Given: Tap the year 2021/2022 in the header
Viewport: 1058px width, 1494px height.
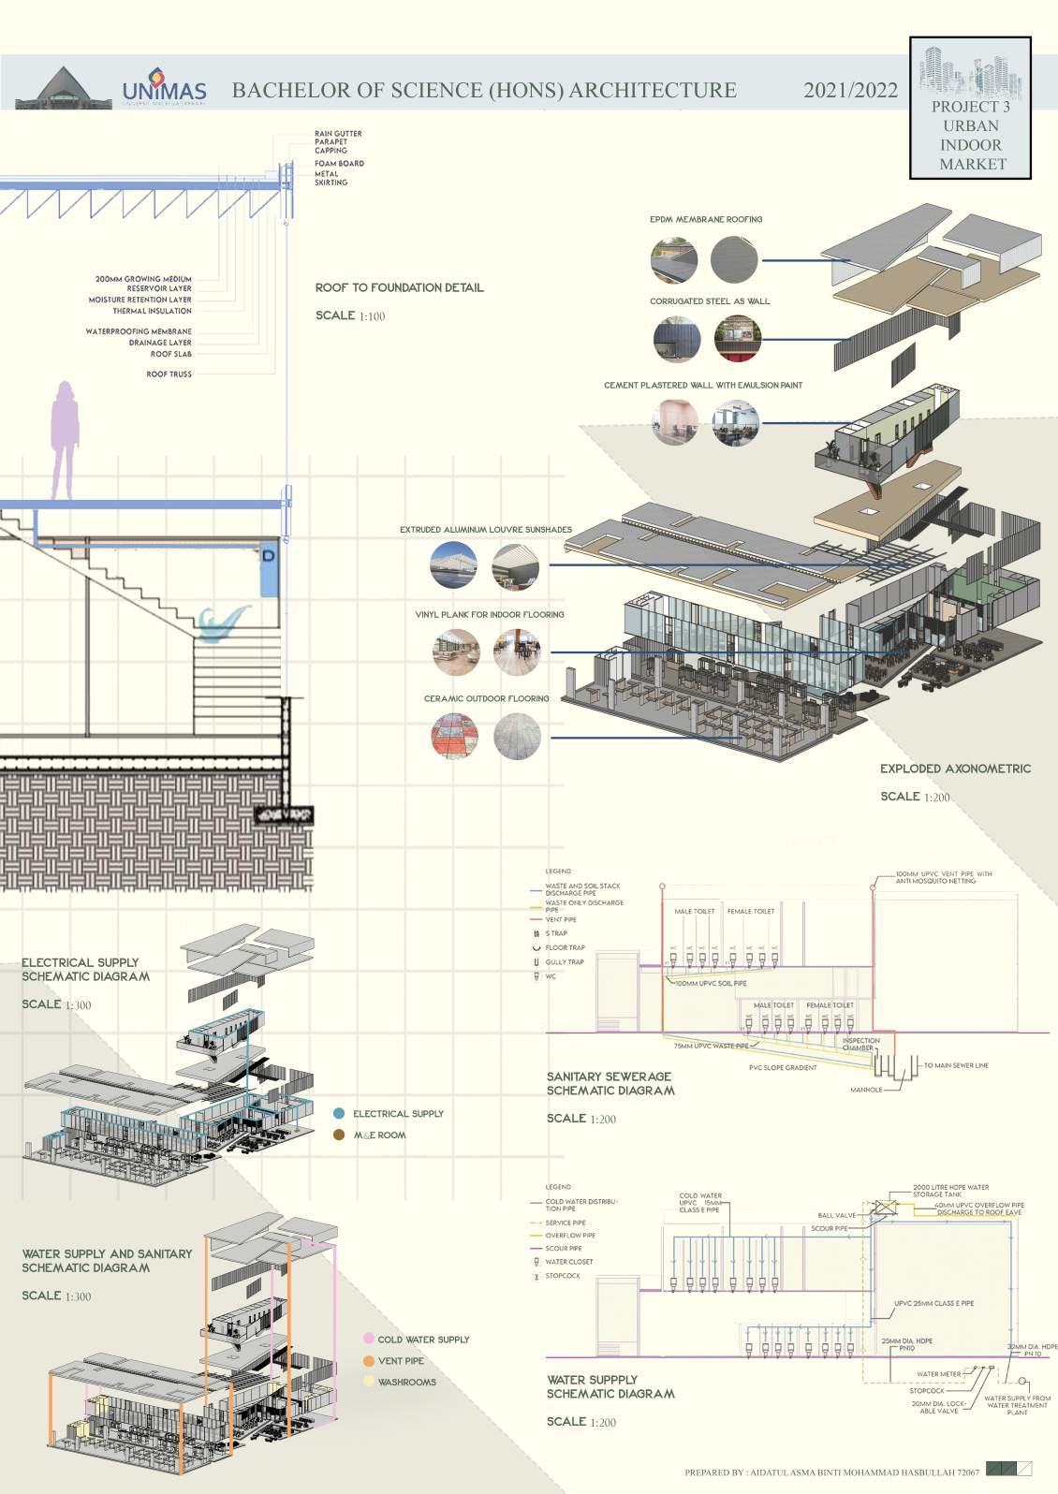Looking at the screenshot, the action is point(850,91).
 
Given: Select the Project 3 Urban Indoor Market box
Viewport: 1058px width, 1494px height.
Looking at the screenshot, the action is point(971,108).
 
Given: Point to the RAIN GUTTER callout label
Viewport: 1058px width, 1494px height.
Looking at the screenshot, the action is point(338,134).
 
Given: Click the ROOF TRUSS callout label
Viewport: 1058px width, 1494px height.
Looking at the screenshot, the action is point(169,374).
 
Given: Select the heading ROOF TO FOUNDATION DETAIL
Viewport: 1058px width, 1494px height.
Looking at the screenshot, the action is point(400,287).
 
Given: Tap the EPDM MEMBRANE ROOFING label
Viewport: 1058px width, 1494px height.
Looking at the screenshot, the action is point(706,219).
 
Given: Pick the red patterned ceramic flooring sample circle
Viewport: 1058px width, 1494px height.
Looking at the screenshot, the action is point(455,736).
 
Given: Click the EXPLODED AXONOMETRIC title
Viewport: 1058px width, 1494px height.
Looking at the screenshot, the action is point(955,769).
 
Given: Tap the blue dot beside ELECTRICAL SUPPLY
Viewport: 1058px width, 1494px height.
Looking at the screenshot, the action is point(339,1113).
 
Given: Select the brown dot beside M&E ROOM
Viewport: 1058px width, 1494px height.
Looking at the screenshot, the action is point(339,1135).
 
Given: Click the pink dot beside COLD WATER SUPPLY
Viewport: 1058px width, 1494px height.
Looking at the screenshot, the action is point(369,1340).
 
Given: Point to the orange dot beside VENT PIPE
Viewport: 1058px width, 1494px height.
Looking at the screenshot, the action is point(369,1361).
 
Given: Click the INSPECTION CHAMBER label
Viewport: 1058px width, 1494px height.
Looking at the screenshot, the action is point(860,1044).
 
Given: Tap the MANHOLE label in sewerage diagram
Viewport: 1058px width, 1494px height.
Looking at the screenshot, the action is point(865,1090).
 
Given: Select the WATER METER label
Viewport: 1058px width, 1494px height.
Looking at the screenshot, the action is point(938,1374).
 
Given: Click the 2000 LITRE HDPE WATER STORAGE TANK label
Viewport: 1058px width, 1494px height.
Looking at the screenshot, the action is point(950,1191).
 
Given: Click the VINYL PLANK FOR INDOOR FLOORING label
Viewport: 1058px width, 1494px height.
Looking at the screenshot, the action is point(490,615).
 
